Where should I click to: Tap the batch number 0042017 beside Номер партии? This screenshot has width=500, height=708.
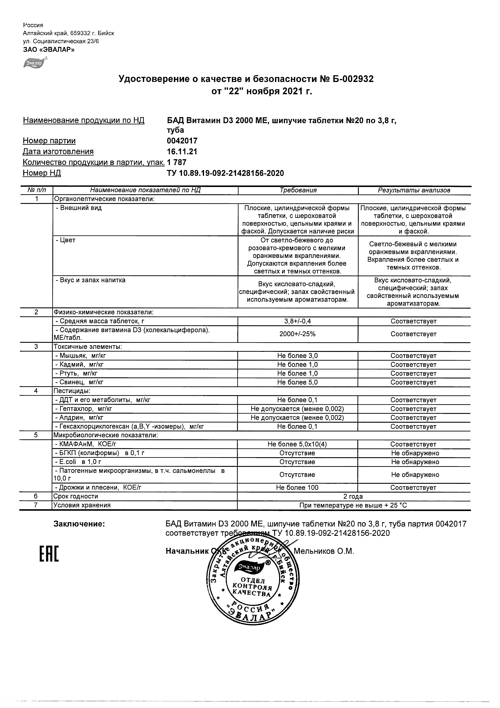click(182, 141)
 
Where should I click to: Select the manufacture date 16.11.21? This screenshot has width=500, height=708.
click(182, 152)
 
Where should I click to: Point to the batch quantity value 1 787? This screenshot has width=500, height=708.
click(177, 162)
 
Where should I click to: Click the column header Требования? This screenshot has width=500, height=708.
click(298, 190)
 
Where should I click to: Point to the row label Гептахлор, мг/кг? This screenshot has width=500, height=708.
click(83, 409)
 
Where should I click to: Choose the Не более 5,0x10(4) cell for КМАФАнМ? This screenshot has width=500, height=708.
click(297, 444)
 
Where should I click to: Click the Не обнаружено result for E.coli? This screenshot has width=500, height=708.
click(415, 462)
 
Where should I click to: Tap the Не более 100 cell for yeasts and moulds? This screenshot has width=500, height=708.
click(297, 488)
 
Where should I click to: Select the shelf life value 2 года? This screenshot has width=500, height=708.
click(353, 497)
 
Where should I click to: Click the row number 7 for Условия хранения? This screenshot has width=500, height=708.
click(36, 505)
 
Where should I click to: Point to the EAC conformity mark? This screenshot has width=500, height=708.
click(49, 554)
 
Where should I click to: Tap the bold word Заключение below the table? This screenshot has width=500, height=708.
click(79, 524)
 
